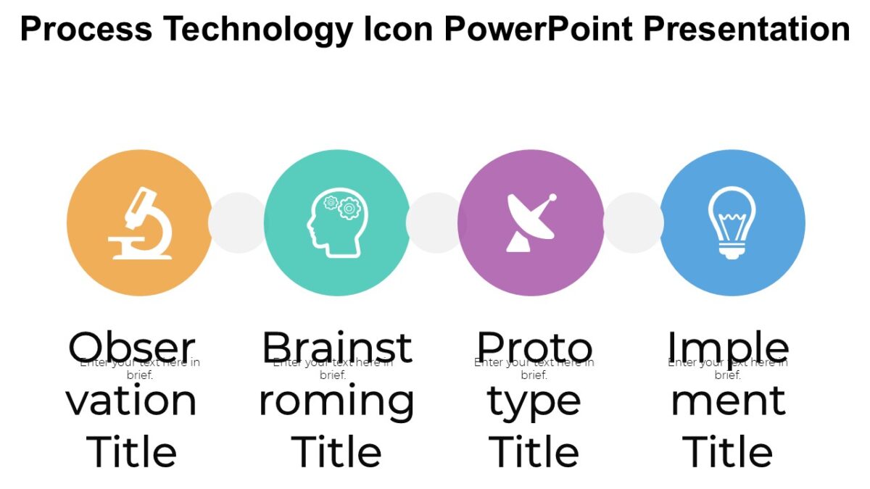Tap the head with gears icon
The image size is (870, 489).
[x=337, y=224]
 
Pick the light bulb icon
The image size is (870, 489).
[x=732, y=222]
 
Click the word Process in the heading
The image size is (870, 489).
[x=86, y=30]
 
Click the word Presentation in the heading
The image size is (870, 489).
[x=746, y=30]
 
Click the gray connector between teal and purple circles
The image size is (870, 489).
[x=434, y=222]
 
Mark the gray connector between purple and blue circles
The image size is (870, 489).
[x=632, y=222]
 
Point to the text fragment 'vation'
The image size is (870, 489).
[x=132, y=401]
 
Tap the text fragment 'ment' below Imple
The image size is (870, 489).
[x=728, y=401]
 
